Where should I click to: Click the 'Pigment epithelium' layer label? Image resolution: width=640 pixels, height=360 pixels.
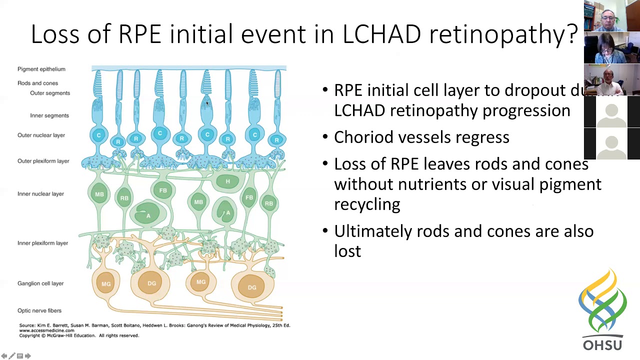pyautogui.click(x=41, y=69)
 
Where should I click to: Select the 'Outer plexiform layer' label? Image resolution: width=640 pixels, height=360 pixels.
pyautogui.click(x=43, y=161)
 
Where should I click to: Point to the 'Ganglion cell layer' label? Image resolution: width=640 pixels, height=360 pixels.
pyautogui.click(x=40, y=283)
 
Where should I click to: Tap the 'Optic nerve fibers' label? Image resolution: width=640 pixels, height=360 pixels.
pyautogui.click(x=39, y=310)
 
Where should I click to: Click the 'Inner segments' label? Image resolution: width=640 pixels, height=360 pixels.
pyautogui.click(x=49, y=115)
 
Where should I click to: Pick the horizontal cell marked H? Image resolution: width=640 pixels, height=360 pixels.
pyautogui.click(x=227, y=181)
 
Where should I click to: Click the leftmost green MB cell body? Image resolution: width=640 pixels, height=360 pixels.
pyautogui.click(x=99, y=194)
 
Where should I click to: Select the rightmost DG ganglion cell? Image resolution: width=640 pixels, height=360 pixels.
pyautogui.click(x=252, y=287)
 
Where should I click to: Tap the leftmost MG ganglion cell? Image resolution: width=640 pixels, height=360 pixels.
pyautogui.click(x=106, y=284)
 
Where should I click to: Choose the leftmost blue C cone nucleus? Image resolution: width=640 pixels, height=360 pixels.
pyautogui.click(x=98, y=135)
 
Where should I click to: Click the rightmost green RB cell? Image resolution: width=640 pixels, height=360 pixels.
pyautogui.click(x=269, y=203)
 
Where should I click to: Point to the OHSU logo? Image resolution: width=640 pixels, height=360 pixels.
pyautogui.click(x=602, y=310)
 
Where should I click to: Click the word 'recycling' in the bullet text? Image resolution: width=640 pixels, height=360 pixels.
pyautogui.click(x=367, y=204)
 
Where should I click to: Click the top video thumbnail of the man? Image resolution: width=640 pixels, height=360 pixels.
pyautogui.click(x=611, y=16)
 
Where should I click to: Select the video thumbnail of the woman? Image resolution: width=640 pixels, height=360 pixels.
pyautogui.click(x=611, y=48)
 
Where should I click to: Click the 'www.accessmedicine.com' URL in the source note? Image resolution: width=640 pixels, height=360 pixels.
pyautogui.click(x=46, y=330)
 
